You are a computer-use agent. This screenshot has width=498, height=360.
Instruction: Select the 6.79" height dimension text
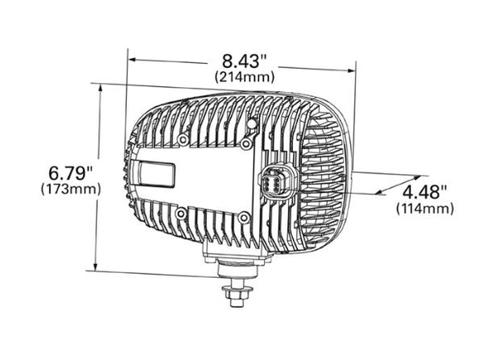click(69, 173)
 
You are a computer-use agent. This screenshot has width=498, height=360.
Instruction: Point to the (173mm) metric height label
click(70, 189)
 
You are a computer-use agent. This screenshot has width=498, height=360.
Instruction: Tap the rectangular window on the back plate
click(156, 174)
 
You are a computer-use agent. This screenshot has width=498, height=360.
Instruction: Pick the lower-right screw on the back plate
click(242, 218)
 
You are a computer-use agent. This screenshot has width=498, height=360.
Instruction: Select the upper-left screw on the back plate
click(181, 142)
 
